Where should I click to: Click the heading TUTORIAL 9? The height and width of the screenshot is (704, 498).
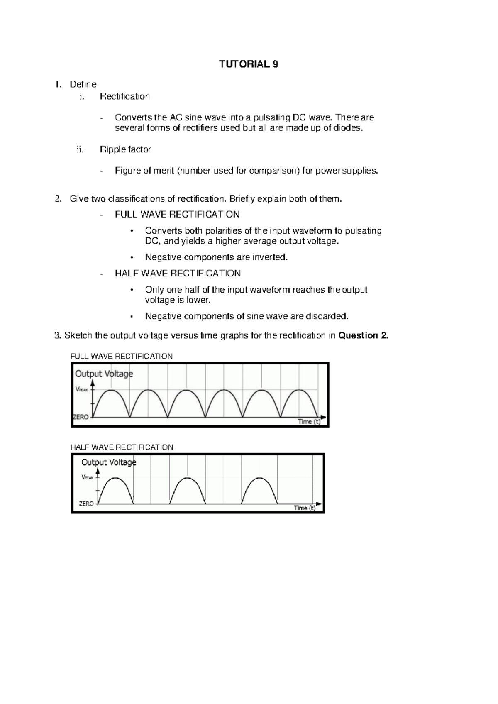(249, 64)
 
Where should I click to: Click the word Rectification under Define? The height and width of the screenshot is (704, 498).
(124, 96)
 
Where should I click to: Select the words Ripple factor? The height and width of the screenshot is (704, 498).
(125, 149)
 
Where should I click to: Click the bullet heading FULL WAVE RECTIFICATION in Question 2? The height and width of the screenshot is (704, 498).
(177, 215)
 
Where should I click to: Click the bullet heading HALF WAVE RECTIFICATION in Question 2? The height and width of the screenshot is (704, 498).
(178, 273)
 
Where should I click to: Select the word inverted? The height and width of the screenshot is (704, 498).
(270, 257)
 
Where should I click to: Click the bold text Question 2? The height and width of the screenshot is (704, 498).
(364, 335)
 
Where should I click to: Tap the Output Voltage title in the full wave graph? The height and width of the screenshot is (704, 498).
(104, 374)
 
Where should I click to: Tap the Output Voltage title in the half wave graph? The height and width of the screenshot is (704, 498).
(109, 462)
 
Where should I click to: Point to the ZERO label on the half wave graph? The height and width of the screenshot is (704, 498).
(86, 504)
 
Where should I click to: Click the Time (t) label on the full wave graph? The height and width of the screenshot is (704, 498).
(309, 422)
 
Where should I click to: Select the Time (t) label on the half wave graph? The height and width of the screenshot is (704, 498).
(304, 508)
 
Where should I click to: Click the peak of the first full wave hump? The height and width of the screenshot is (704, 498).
(111, 390)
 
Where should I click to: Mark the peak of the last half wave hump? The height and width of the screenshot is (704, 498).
(260, 478)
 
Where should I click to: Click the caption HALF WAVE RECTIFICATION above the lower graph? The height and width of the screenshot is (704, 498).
(122, 447)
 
